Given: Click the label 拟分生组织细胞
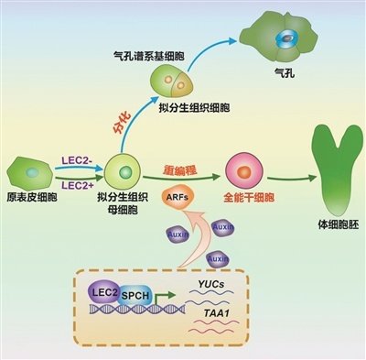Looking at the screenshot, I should (202, 108).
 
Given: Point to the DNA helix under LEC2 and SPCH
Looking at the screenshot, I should (124, 314).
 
